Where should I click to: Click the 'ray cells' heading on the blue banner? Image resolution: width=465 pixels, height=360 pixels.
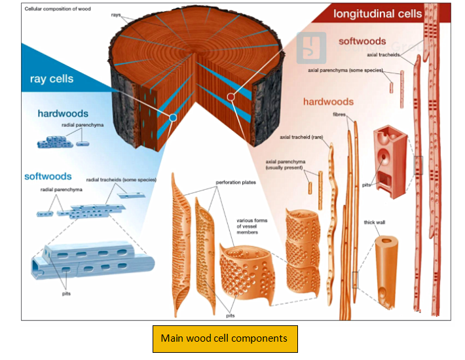pyautogui.click(x=51, y=79)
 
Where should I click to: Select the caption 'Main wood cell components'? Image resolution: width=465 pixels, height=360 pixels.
pyautogui.click(x=225, y=338)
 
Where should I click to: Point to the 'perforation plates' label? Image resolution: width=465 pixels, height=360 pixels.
pyautogui.click(x=234, y=183)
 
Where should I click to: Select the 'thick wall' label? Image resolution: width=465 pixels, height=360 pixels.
pyautogui.click(x=375, y=223)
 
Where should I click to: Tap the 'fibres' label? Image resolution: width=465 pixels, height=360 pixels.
pyautogui.click(x=339, y=114)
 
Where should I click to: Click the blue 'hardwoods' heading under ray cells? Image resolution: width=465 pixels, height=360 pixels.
pyautogui.click(x=62, y=114)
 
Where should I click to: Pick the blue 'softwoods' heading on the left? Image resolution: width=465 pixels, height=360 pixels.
pyautogui.click(x=48, y=176)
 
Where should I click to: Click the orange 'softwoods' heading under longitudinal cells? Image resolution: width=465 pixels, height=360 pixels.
pyautogui.click(x=362, y=41)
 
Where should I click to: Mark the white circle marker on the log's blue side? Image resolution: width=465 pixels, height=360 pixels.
pyautogui.click(x=172, y=118)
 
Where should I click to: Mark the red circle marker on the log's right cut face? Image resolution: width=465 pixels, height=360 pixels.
pyautogui.click(x=231, y=98)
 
